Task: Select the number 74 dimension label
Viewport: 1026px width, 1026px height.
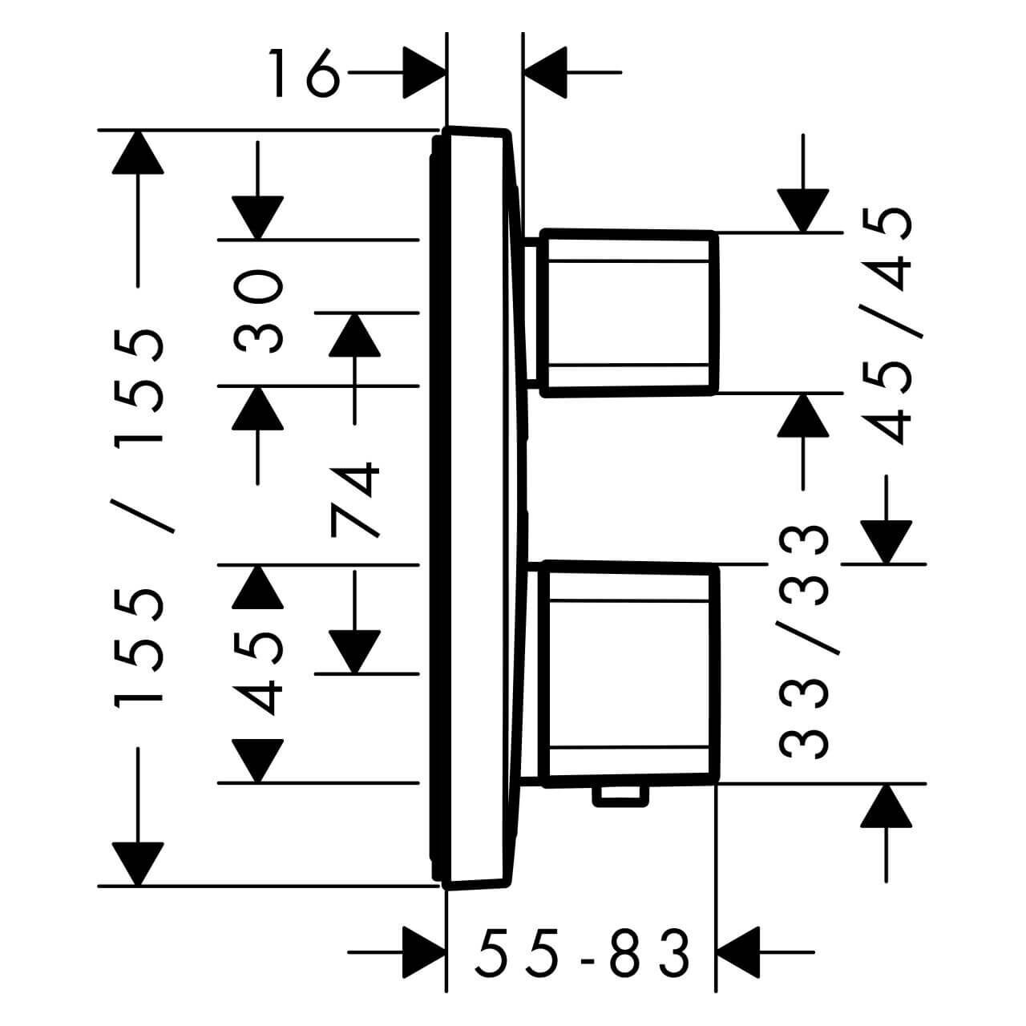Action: tap(354, 499)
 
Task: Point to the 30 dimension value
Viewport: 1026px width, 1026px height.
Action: tap(257, 311)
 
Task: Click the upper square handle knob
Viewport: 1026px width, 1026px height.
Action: tap(629, 313)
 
